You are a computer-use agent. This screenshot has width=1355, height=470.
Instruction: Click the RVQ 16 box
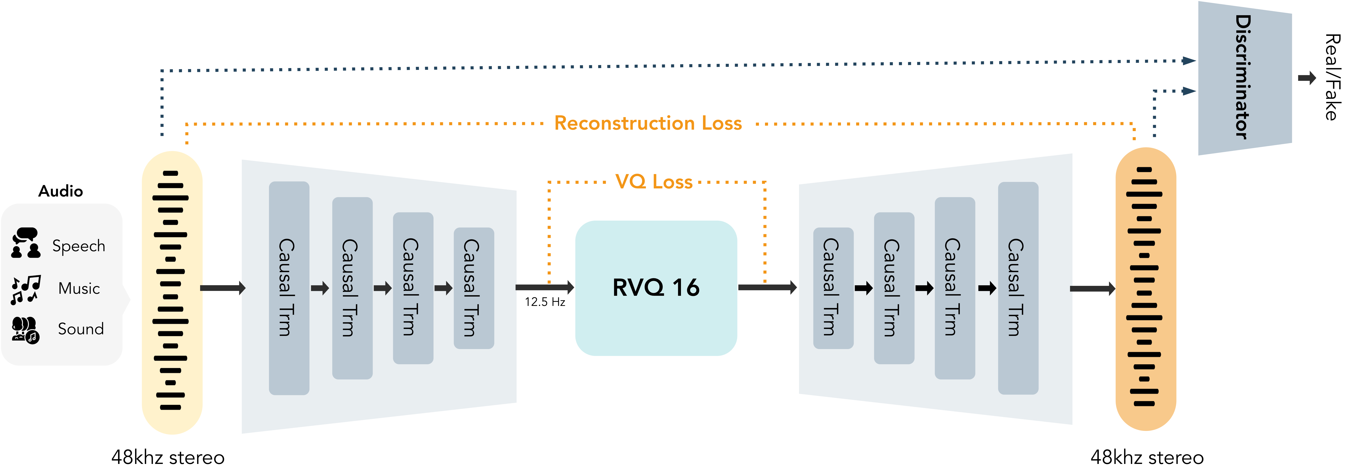point(656,288)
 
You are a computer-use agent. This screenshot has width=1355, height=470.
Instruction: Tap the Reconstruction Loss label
point(648,123)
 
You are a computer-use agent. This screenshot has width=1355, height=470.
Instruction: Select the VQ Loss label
point(654,182)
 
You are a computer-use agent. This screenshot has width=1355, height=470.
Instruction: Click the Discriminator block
point(1244,78)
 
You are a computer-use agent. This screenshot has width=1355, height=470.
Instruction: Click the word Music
point(79,288)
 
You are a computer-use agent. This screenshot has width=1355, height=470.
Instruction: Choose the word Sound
point(80,329)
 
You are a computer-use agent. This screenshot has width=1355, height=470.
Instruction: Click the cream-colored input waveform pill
point(172,292)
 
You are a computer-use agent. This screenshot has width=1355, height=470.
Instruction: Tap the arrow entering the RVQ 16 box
point(544,287)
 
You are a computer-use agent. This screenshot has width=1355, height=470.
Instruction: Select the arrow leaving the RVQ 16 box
point(768,287)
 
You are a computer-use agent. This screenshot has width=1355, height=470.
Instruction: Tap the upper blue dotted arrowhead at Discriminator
point(1189,61)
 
